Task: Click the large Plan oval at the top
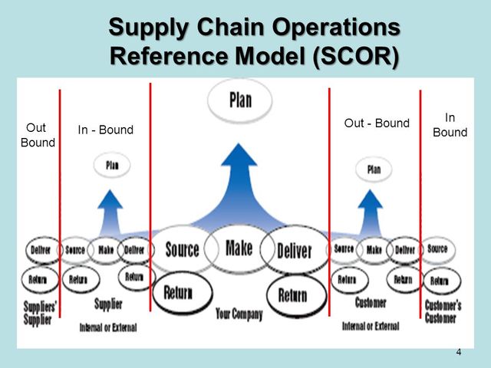pyautogui.click(x=239, y=101)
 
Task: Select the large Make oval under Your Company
pyautogui.click(x=239, y=248)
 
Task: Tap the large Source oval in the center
pyautogui.click(x=182, y=249)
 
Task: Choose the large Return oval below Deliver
pyautogui.click(x=292, y=294)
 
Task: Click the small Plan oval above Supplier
pyautogui.click(x=111, y=164)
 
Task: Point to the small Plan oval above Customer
pyautogui.click(x=373, y=169)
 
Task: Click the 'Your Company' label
pyautogui.click(x=239, y=314)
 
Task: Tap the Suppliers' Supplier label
pyautogui.click(x=36, y=313)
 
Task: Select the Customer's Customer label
pyautogui.click(x=443, y=310)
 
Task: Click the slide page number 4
pyautogui.click(x=459, y=352)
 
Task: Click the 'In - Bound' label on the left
pyautogui.click(x=105, y=130)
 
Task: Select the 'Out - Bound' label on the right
pyautogui.click(x=377, y=123)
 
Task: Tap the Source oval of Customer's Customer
pyautogui.click(x=437, y=249)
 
